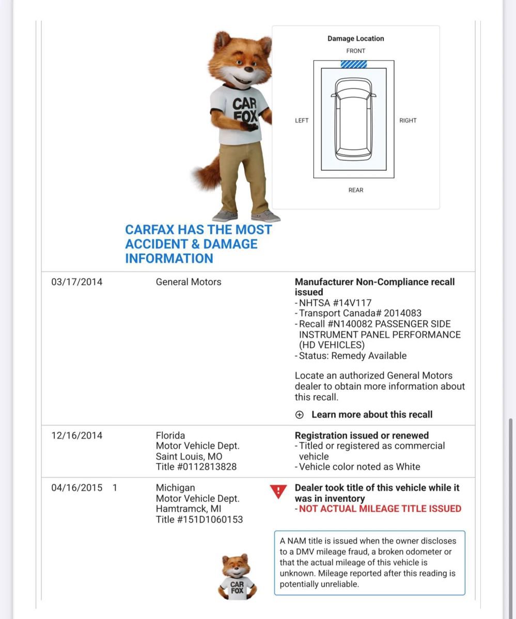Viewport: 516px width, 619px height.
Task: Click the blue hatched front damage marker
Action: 354,64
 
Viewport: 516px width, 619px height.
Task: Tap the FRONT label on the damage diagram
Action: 356,51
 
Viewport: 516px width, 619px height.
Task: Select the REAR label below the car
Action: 356,190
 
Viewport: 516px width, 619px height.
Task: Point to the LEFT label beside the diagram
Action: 302,121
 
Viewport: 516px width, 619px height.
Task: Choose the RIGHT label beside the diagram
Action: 408,121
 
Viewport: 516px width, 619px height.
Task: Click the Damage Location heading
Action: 356,39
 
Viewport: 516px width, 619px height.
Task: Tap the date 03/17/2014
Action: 77,282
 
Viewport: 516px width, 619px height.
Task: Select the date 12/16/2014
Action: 77,436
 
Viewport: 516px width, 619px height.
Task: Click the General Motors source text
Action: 189,282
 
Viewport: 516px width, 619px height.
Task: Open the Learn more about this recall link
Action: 372,415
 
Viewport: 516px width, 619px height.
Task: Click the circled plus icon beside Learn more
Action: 299,415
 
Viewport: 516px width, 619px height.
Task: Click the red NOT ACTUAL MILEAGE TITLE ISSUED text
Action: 380,509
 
